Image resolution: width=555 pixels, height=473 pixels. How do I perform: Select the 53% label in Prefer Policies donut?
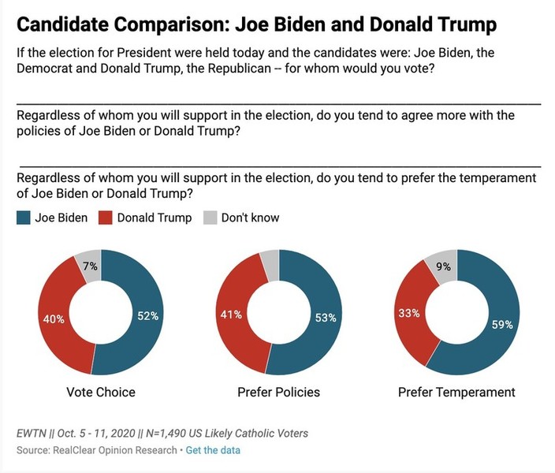(x=326, y=318)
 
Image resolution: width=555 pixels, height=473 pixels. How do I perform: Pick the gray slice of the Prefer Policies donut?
(x=270, y=264)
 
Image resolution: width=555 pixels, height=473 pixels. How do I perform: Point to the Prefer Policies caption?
(x=277, y=392)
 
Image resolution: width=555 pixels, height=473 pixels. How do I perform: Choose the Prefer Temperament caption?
(x=456, y=392)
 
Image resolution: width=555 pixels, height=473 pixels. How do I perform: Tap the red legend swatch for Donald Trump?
(x=105, y=218)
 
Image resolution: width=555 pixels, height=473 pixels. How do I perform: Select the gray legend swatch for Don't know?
(x=209, y=218)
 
